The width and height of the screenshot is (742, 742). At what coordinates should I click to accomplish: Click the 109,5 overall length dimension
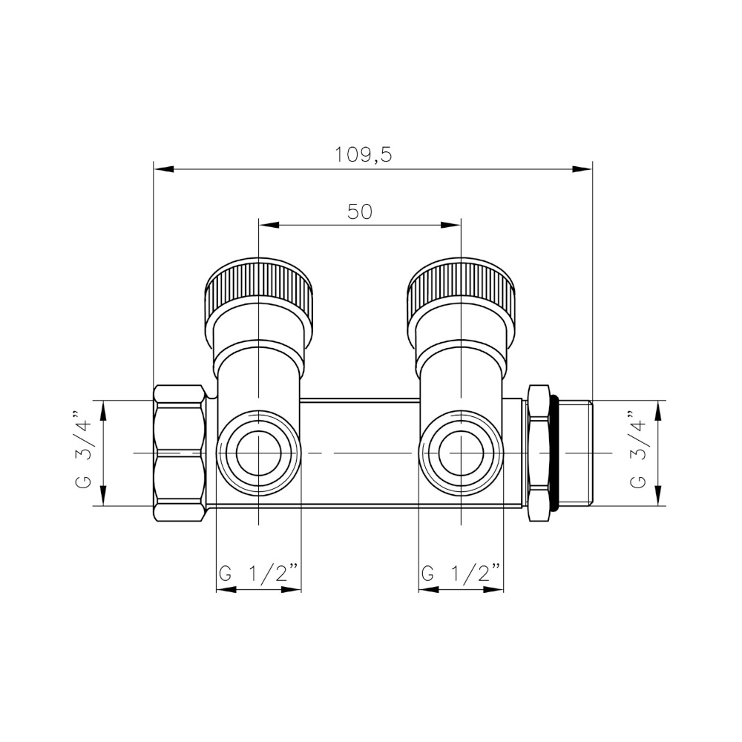[362, 155]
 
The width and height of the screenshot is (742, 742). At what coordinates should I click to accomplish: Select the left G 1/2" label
[258, 573]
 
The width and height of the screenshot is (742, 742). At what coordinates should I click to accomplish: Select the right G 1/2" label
[461, 573]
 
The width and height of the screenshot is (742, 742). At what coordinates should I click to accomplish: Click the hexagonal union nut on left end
[180, 453]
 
